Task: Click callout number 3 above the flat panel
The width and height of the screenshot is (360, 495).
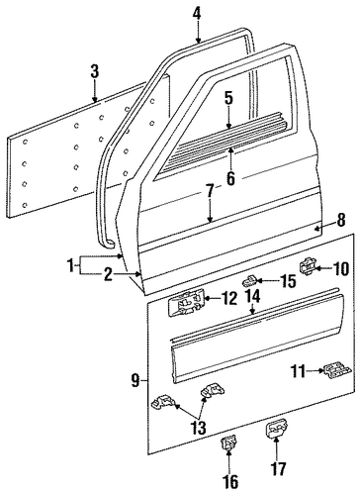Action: tap(95, 71)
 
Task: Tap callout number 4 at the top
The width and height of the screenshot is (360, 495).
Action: tap(197, 14)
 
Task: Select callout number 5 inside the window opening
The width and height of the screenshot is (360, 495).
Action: tap(228, 98)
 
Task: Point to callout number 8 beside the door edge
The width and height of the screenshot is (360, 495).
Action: tap(340, 220)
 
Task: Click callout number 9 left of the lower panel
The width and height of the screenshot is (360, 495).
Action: tap(135, 381)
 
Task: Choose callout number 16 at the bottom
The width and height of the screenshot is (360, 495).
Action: tap(230, 481)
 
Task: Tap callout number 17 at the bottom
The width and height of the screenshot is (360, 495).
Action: tap(279, 469)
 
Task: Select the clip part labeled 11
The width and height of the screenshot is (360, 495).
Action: tap(337, 372)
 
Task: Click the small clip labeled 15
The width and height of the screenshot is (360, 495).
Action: tap(250, 281)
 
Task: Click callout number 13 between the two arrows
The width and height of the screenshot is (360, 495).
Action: tap(199, 428)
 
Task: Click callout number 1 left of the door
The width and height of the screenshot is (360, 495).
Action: tap(70, 265)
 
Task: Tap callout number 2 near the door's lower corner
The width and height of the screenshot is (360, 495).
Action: tap(108, 274)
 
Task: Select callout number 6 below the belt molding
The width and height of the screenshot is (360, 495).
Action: tap(230, 178)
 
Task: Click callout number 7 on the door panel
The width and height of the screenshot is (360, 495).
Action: tap(210, 191)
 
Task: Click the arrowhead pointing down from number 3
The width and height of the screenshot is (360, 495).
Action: tap(95, 99)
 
